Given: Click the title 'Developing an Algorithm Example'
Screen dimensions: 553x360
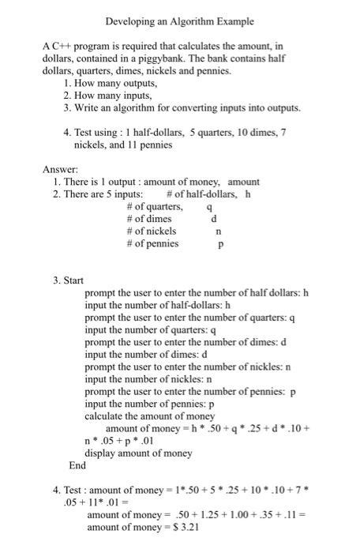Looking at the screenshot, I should click(x=181, y=21).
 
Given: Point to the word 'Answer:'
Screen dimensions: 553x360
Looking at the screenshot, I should click(x=60, y=170).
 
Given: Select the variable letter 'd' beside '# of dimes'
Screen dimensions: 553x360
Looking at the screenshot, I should click(x=214, y=219).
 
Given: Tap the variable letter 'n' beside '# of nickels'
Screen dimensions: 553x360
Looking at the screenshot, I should click(x=218, y=231).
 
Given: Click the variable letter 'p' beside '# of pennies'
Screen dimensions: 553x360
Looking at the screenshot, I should click(x=221, y=244).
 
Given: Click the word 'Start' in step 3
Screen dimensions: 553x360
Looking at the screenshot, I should click(x=73, y=280).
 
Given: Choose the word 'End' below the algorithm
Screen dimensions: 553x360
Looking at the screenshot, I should click(x=77, y=465).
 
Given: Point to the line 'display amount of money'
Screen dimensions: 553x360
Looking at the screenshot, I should click(x=138, y=453).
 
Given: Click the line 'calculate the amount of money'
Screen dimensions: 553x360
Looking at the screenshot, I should click(x=149, y=416).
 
